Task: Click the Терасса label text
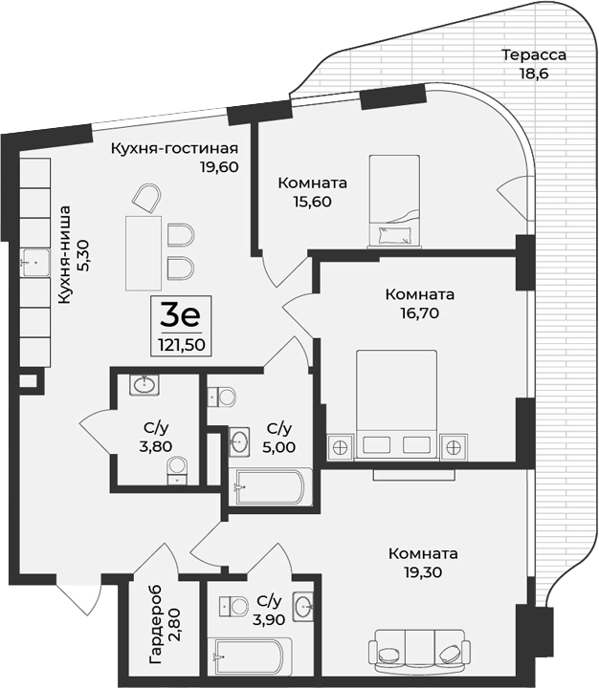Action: [x=535, y=54]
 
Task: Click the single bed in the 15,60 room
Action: [x=394, y=201]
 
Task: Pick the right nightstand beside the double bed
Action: [x=454, y=446]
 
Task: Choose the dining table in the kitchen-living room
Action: [x=144, y=252]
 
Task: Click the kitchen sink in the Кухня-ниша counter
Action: [x=36, y=261]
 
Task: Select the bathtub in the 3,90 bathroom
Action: [x=247, y=656]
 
